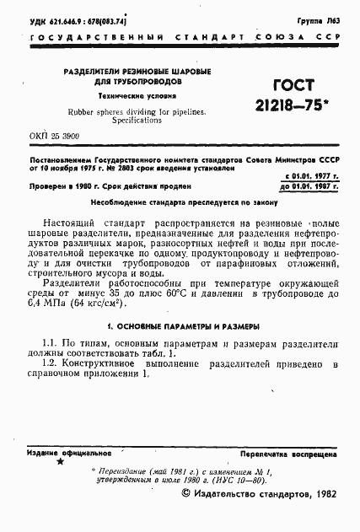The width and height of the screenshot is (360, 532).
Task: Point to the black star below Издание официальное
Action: pyautogui.click(x=59, y=463)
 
